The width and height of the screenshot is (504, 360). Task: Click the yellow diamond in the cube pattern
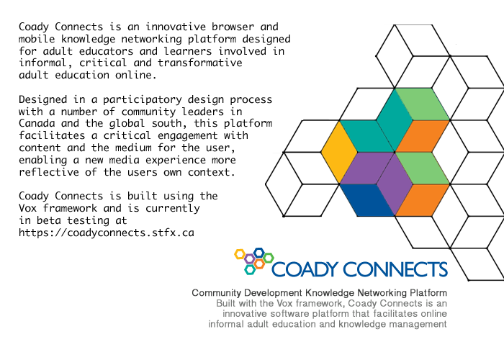(339, 152)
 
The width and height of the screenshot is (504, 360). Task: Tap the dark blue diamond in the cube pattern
(367, 200)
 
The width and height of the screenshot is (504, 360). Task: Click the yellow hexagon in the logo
(240, 254)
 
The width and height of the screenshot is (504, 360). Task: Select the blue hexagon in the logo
(259, 253)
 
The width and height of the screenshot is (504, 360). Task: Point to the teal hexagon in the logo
(250, 269)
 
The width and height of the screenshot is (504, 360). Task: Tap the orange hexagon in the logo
(259, 264)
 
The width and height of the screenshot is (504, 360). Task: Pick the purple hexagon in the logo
(250, 258)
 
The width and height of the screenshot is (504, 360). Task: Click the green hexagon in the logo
(269, 258)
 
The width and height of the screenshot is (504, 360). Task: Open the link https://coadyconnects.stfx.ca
(107, 233)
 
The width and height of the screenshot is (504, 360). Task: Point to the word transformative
(199, 63)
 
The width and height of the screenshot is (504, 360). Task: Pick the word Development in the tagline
(273, 293)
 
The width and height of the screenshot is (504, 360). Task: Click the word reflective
(48, 172)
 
